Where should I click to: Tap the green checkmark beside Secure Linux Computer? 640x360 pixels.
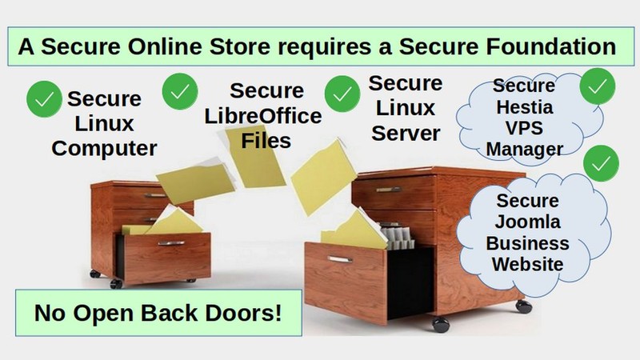click(x=44, y=99)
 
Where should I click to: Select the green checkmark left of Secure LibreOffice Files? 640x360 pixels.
click(x=180, y=91)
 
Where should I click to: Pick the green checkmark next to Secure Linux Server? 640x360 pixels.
click(x=342, y=94)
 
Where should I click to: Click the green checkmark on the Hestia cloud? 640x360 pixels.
click(x=598, y=86)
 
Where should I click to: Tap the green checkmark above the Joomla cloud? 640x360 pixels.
click(x=602, y=163)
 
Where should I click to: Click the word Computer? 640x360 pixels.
click(x=104, y=148)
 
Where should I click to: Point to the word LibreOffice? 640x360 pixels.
click(x=263, y=116)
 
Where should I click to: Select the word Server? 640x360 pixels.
click(x=406, y=134)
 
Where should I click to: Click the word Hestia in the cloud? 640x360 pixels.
click(x=525, y=107)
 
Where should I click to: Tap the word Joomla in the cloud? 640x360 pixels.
click(x=528, y=222)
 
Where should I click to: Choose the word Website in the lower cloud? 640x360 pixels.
click(x=527, y=265)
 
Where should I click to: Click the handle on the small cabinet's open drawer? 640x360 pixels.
click(x=171, y=243)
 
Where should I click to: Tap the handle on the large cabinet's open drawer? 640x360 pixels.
click(x=340, y=259)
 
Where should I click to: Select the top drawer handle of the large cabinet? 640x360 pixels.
click(x=389, y=190)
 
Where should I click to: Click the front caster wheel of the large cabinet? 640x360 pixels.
click(x=441, y=325)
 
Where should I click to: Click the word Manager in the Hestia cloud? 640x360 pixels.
click(x=525, y=150)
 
